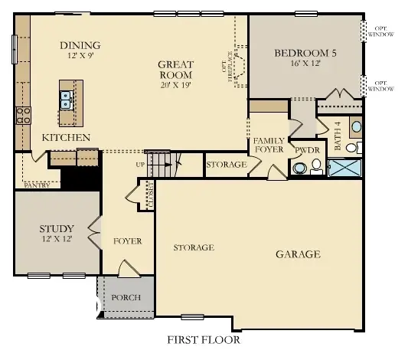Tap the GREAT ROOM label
(x=175, y=70)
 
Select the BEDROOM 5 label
(x=305, y=53)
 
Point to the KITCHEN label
(x=67, y=137)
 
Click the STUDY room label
(x=57, y=228)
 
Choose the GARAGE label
(x=298, y=254)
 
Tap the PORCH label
(x=126, y=297)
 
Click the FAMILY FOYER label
(x=269, y=146)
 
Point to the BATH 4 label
(x=338, y=136)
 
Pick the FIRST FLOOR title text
(x=203, y=339)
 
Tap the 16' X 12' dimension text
(x=305, y=65)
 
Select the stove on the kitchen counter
(x=22, y=116)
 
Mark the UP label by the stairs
(x=139, y=164)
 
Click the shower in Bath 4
(x=344, y=168)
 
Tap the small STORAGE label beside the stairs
(x=227, y=165)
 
